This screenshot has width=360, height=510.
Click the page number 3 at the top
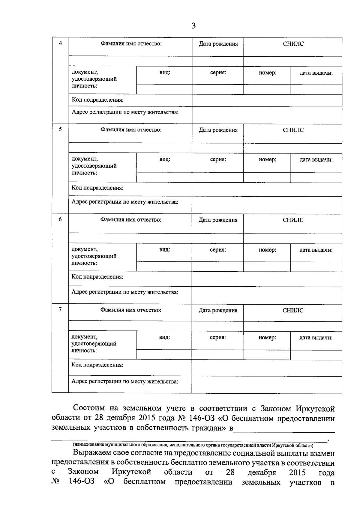click(193, 26)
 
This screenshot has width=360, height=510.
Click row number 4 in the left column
click(60, 43)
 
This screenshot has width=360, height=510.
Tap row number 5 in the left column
click(60, 130)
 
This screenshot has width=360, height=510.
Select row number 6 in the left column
click(60, 219)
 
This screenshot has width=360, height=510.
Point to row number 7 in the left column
click(60, 309)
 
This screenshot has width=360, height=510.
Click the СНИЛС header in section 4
click(293, 44)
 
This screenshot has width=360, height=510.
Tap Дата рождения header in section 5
click(218, 130)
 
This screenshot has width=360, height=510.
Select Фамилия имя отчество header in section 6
click(131, 220)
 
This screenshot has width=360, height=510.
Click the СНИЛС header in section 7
click(293, 310)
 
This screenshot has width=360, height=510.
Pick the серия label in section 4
click(218, 73)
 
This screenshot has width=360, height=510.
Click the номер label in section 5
click(267, 160)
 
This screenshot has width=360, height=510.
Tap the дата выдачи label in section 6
click(316, 250)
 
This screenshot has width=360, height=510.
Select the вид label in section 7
click(164, 337)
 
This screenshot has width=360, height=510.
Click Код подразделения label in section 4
click(97, 100)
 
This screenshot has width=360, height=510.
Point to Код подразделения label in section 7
click(97, 365)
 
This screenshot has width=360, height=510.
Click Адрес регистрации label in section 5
click(125, 202)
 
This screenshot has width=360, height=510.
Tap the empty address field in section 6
click(267, 295)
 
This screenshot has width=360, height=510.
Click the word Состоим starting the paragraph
click(89, 408)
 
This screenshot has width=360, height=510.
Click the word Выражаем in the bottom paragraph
click(91, 453)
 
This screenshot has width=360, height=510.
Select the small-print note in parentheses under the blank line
click(193, 445)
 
